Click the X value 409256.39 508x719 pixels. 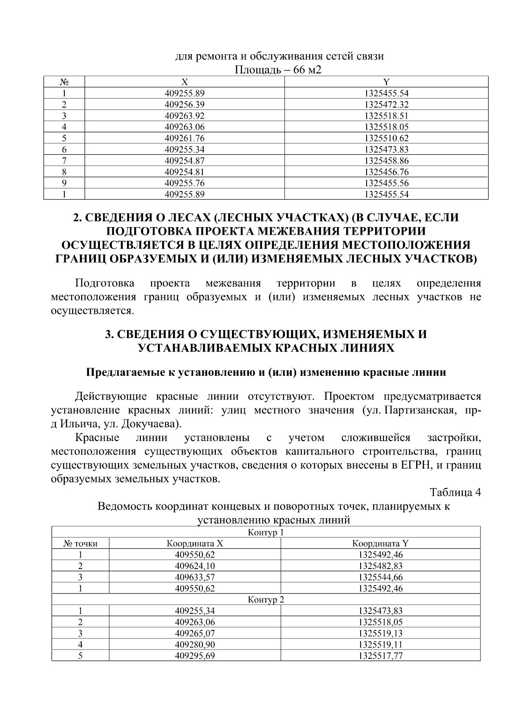pyautogui.click(x=184, y=104)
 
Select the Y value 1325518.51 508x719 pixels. pyautogui.click(x=386, y=116)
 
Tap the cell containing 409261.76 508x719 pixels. pyautogui.click(x=184, y=138)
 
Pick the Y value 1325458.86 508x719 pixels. pyautogui.click(x=386, y=161)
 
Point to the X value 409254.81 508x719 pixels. pyautogui.click(x=184, y=172)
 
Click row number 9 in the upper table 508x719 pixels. pyautogui.click(x=64, y=183)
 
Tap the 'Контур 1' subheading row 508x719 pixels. pyautogui.click(x=265, y=532)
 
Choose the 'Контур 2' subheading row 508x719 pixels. pyautogui.click(x=265, y=600)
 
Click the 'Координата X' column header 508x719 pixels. pyautogui.click(x=195, y=544)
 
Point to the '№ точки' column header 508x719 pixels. pyautogui.click(x=80, y=544)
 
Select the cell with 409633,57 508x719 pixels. pyautogui.click(x=195, y=577)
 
